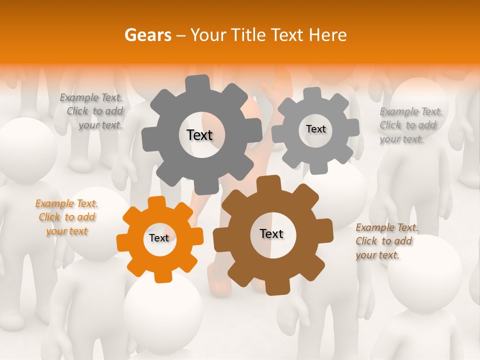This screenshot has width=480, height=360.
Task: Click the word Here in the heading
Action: tap(328, 35)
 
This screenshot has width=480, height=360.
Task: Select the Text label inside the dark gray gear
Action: tap(199, 135)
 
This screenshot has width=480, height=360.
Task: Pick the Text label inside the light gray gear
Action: tap(315, 129)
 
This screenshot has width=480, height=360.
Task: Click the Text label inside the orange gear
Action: tap(159, 238)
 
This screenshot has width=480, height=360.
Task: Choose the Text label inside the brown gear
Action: tap(271, 234)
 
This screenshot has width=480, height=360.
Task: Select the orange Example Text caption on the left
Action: tap(67, 217)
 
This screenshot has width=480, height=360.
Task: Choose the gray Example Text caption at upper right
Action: tap(409, 125)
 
